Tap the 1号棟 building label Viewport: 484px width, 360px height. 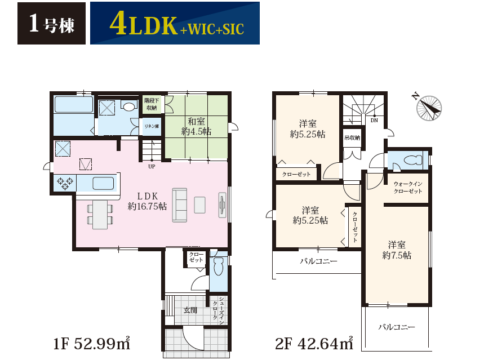51,24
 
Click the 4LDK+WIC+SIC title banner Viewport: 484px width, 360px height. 175,24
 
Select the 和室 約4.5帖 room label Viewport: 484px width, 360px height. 196,127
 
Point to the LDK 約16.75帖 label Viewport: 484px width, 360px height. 147,201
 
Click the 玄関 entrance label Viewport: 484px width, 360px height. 190,310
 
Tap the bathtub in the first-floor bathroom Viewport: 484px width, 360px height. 74,104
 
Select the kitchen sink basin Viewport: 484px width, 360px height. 103,183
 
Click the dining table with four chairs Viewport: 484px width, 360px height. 100,215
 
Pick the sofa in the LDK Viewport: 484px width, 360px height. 179,205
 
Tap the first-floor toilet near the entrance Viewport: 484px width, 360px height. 218,266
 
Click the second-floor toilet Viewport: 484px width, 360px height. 412,160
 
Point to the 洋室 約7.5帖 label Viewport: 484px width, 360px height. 397,250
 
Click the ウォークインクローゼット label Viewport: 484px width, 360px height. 408,188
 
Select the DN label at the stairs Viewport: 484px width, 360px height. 374,121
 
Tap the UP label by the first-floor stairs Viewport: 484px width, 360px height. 152,166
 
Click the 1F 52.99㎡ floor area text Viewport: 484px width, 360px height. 92,343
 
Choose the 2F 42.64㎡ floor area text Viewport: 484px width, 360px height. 314,343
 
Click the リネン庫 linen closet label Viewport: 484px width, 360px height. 152,126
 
